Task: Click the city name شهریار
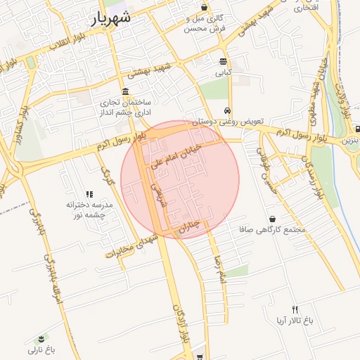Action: pos(111,20)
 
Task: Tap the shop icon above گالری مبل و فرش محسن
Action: pos(204,7)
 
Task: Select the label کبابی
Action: pos(223,72)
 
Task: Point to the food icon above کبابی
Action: pos(223,61)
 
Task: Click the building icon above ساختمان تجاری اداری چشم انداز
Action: pos(125,92)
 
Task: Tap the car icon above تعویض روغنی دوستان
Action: pos(227,110)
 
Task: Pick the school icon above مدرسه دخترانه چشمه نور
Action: pos(89,194)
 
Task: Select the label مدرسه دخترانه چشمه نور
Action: pos(89,210)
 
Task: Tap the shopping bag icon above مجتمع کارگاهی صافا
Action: pos(272,219)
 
